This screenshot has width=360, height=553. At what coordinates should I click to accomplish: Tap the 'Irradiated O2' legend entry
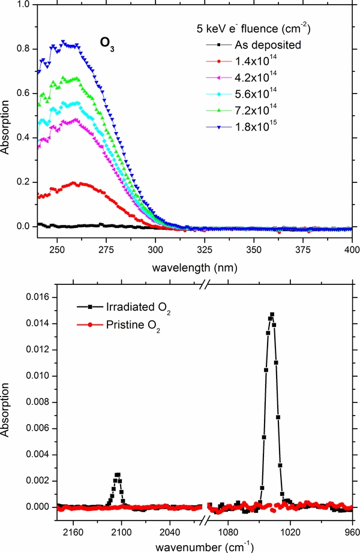pos(118,308)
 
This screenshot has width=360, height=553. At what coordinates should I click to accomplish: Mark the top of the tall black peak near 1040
pos(272,314)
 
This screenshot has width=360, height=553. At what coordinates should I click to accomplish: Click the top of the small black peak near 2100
pos(118,474)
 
